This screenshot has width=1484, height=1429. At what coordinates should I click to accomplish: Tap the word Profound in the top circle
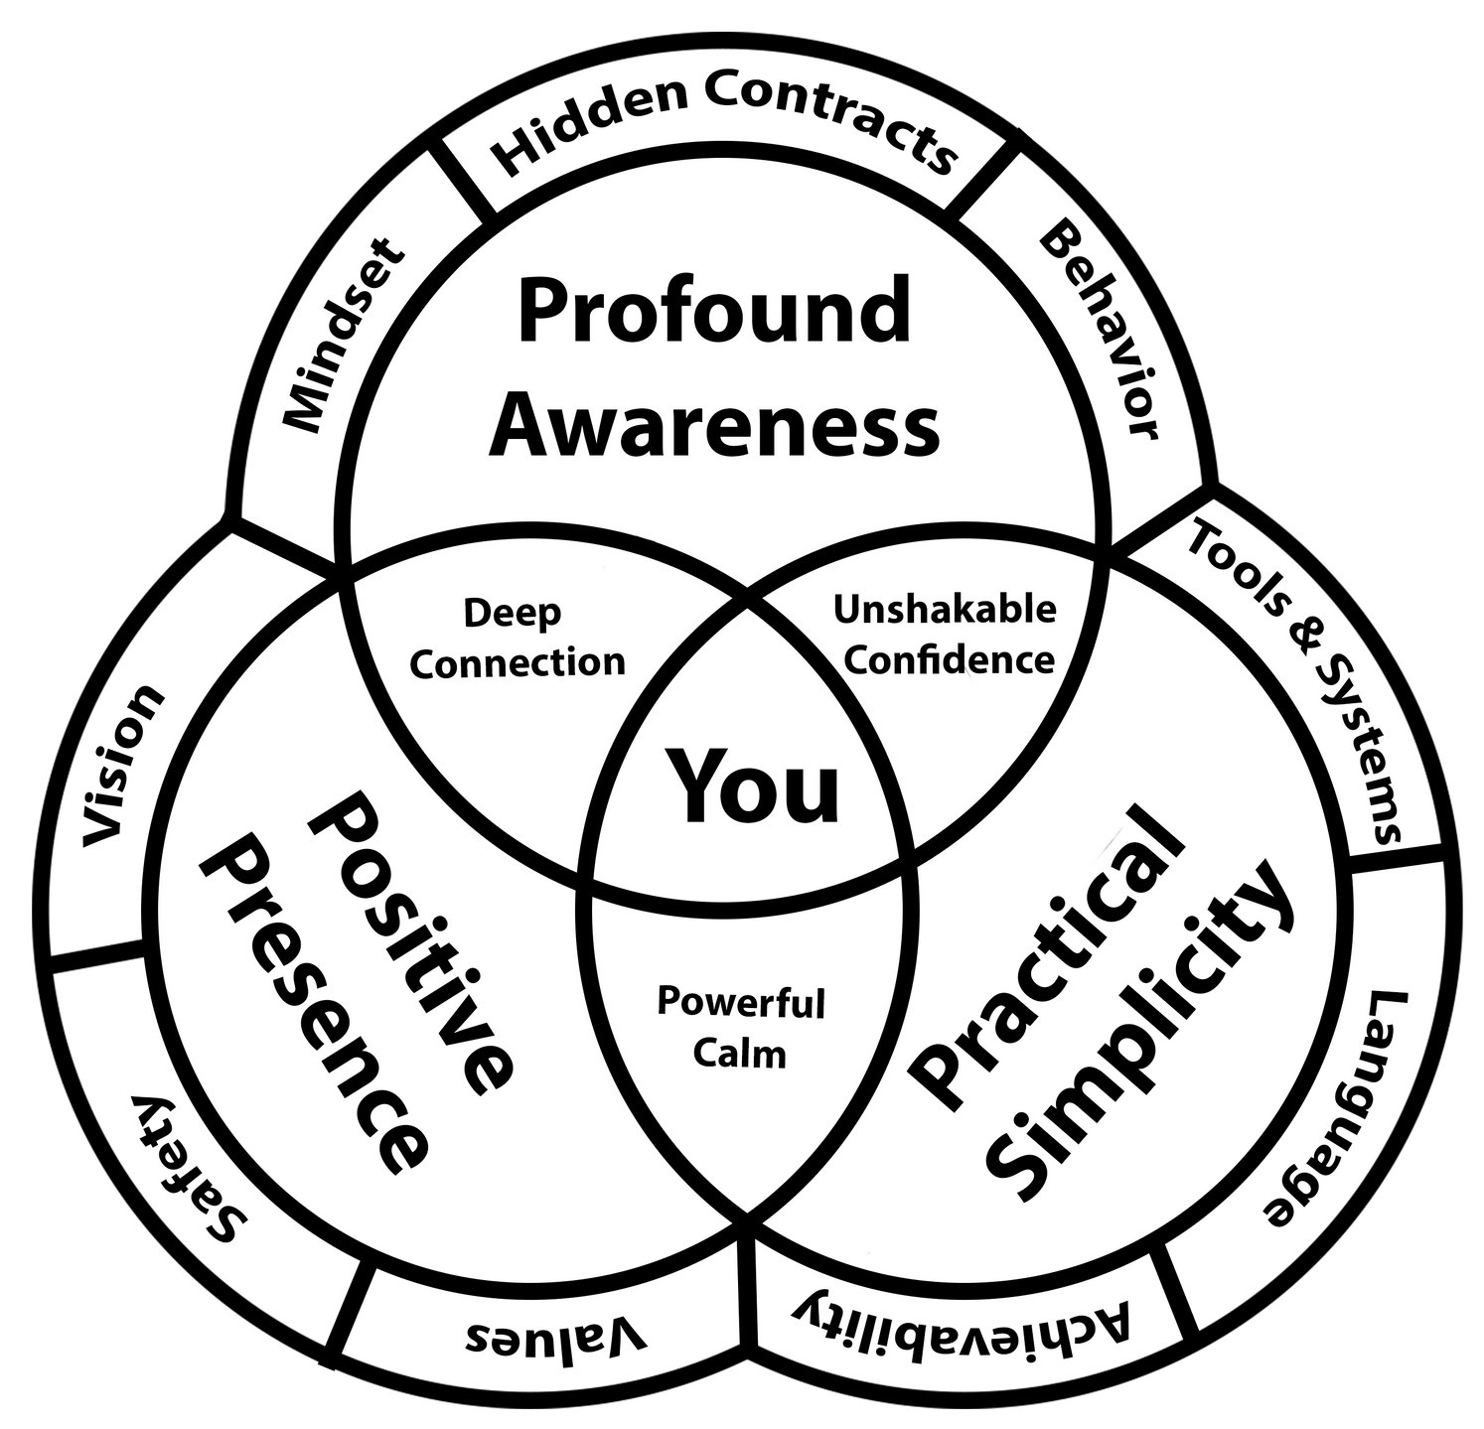[714, 309]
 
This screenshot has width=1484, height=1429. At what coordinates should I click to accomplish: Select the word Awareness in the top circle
[714, 424]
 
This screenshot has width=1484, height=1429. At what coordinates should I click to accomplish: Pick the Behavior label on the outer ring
[1100, 331]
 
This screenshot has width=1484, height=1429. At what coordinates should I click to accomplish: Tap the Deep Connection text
[517, 638]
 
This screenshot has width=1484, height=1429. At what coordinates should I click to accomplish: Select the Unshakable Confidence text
[944, 634]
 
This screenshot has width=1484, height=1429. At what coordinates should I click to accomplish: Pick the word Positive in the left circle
[412, 944]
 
